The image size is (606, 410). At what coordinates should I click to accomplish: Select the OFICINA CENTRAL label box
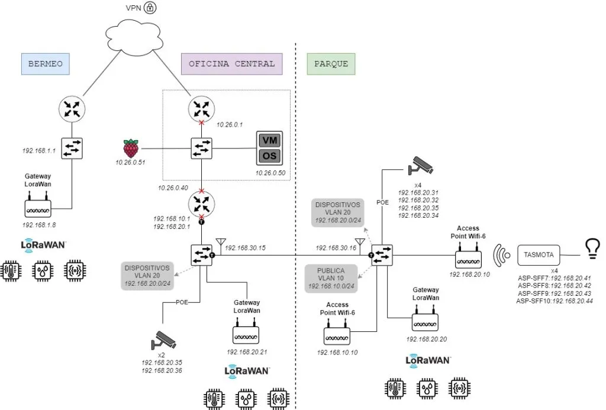232,64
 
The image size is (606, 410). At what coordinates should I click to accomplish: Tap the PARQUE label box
331,64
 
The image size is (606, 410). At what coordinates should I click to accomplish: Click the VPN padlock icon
151,8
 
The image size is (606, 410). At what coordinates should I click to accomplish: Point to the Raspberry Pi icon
131,148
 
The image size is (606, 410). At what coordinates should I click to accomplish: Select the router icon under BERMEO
72,109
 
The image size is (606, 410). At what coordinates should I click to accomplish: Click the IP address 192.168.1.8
39,225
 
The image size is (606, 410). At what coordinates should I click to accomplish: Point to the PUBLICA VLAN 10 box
334,277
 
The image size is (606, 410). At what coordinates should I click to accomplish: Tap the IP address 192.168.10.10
337,353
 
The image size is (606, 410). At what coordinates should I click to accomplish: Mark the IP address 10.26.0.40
174,187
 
